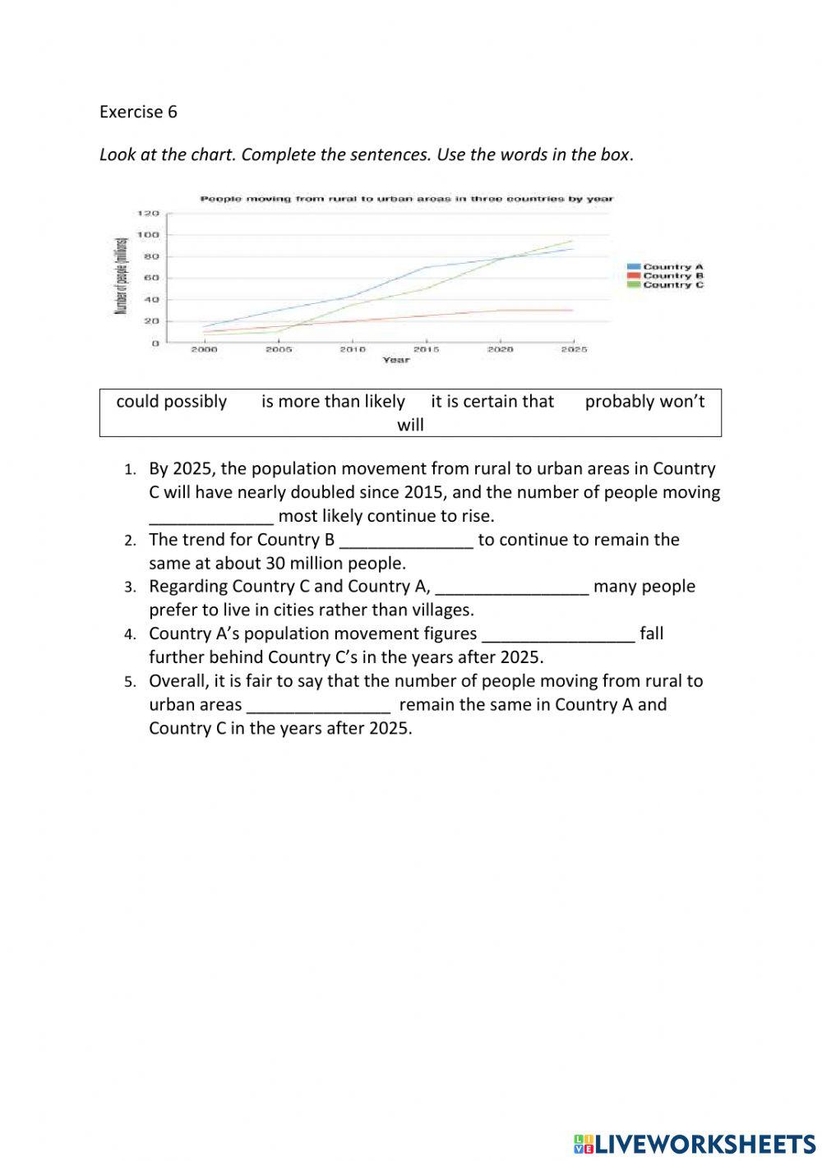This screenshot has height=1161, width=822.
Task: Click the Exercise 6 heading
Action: [138, 112]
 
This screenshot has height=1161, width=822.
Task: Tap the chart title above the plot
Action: [407, 199]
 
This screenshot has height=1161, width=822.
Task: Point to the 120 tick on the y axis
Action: [148, 214]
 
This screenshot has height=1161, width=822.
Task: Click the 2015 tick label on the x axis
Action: [426, 349]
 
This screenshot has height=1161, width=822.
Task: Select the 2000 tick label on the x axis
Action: [204, 349]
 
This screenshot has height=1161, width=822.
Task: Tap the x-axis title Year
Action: [395, 360]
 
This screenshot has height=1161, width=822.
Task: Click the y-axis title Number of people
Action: [120, 276]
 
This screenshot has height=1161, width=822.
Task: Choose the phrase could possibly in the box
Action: [171, 402]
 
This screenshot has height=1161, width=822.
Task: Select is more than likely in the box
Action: [333, 402]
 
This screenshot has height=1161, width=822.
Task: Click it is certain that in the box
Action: [492, 402]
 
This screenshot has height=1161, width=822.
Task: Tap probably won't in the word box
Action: [644, 402]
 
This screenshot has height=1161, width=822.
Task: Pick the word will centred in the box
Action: [410, 425]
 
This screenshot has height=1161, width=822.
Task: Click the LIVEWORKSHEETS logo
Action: [695, 1144]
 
